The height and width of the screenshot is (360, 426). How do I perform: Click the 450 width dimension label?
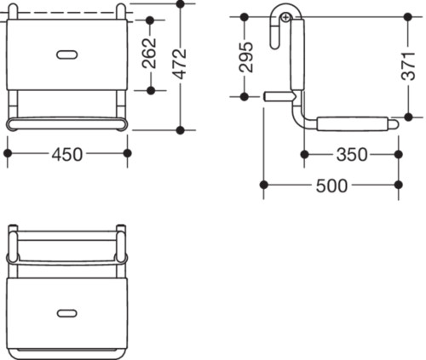click(x=67, y=155)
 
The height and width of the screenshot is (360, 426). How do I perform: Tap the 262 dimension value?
click(x=149, y=54)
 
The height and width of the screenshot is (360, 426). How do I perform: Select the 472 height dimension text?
click(x=180, y=64)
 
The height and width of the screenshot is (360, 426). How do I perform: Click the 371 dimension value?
click(x=408, y=66)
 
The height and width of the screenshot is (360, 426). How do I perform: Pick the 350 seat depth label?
click(x=352, y=155)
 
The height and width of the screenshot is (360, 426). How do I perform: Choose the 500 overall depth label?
click(x=331, y=186)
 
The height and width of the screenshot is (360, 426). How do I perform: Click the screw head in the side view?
click(x=286, y=18)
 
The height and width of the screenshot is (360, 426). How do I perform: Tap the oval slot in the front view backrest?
click(x=67, y=54)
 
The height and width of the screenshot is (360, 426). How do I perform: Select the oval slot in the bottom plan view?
click(x=67, y=313)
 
